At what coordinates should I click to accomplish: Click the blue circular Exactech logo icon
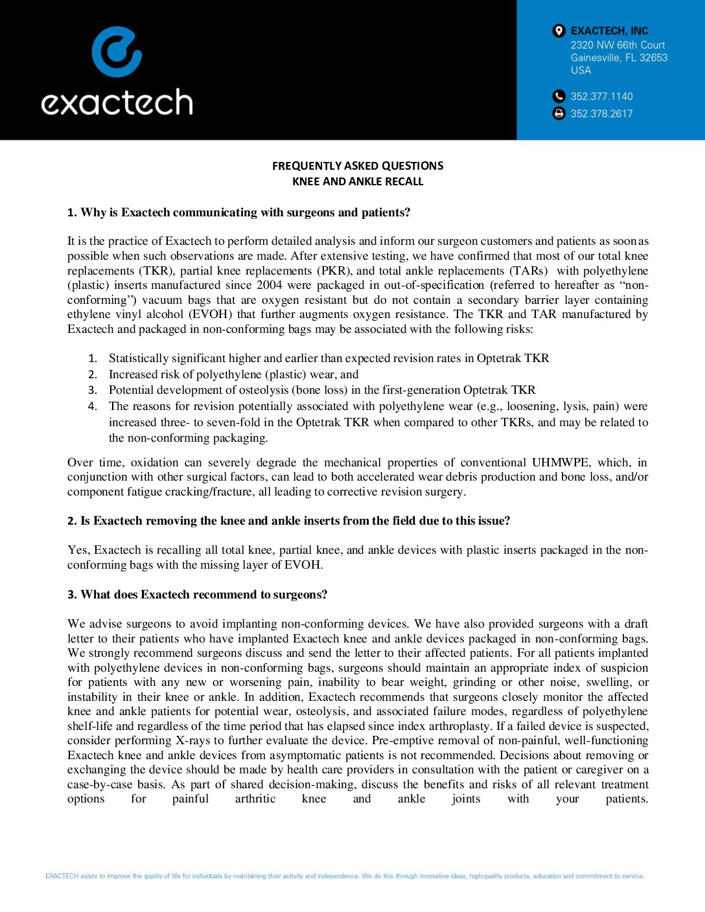(x=117, y=52)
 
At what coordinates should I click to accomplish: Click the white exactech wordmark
(x=117, y=102)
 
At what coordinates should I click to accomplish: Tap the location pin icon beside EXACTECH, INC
(x=559, y=30)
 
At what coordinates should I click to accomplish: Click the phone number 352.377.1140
(x=601, y=97)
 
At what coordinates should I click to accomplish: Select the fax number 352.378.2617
(x=601, y=113)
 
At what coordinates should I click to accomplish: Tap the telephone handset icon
(x=559, y=97)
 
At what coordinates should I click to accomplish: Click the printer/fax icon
(x=559, y=113)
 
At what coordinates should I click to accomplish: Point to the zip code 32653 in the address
(x=653, y=58)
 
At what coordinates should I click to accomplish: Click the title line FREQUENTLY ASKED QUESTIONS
(x=358, y=166)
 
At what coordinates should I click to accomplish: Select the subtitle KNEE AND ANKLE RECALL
(x=358, y=181)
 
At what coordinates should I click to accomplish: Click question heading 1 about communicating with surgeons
(x=238, y=212)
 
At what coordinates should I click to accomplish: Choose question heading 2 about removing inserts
(x=288, y=521)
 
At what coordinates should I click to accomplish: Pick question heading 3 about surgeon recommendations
(x=197, y=595)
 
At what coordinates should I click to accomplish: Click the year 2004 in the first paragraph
(x=270, y=285)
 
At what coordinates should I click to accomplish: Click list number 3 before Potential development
(x=93, y=390)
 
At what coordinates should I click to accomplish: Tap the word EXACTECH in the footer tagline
(x=62, y=876)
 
